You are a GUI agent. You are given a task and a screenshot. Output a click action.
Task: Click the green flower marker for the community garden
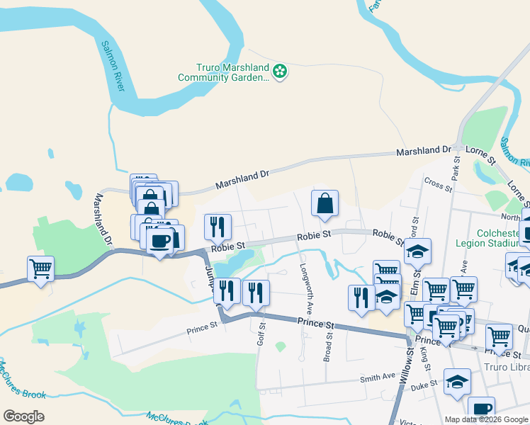click(x=281, y=71)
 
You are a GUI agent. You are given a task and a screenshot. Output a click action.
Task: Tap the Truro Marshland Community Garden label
click(x=234, y=72)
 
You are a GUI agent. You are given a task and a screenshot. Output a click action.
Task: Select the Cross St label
click(x=438, y=185)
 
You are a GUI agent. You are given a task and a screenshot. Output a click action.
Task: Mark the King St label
click(x=426, y=357)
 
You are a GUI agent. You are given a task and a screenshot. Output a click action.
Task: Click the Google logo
click(x=23, y=416)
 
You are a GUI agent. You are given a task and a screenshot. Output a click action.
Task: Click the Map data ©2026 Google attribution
click(x=487, y=419)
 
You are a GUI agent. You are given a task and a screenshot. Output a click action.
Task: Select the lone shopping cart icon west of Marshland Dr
click(x=41, y=268)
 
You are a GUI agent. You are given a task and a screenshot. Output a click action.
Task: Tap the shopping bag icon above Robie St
click(x=325, y=203)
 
